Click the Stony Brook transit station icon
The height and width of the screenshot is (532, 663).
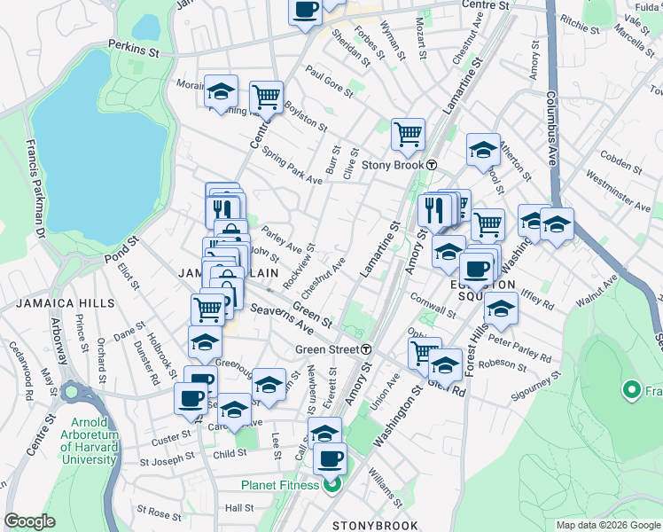click(432, 165)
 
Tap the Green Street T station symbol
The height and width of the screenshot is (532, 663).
click(365, 349)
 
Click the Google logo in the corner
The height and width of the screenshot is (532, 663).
click(29, 521)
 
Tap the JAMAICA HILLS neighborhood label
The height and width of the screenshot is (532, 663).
click(65, 303)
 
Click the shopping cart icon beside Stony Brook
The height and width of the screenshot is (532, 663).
click(408, 135)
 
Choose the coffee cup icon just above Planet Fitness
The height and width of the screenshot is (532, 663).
click(331, 458)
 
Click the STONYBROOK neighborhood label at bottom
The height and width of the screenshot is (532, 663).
click(375, 525)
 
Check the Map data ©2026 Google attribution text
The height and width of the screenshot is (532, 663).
click(607, 525)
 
